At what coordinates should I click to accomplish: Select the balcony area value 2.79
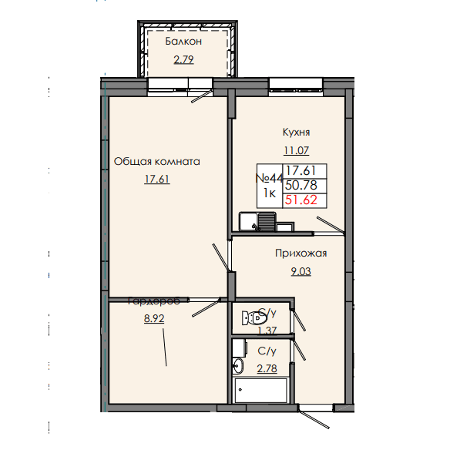183,59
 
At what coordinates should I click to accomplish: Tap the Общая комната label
157,162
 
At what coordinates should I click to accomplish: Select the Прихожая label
301,253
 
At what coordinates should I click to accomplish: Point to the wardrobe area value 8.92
155,316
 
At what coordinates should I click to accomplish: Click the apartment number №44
270,177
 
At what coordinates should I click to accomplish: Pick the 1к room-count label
270,193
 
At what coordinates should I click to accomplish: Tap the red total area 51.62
301,200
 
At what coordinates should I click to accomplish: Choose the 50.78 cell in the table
301,186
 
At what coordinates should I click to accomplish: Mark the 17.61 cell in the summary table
301,171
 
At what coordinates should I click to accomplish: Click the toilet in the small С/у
249,317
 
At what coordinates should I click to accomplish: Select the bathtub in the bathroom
261,389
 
